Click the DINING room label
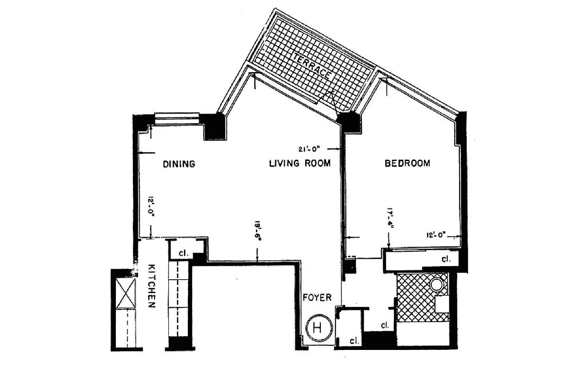coord(179,164)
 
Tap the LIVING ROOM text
coord(299,163)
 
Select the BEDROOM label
coord(407,163)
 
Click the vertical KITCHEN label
coord(152,286)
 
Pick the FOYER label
coord(317,297)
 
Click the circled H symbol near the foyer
coord(318,327)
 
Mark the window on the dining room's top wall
coord(177,118)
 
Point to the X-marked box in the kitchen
coord(126,293)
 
